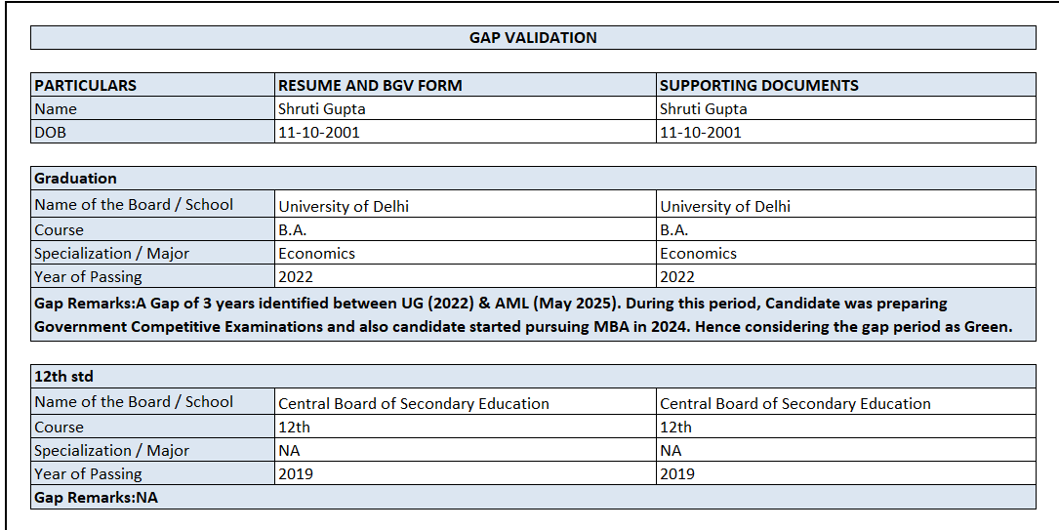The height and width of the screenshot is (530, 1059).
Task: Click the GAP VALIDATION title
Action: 533,38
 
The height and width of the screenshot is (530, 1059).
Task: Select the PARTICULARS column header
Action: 86,85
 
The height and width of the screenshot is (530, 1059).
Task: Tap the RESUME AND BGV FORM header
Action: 370,85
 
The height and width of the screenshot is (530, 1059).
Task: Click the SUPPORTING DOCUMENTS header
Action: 759,85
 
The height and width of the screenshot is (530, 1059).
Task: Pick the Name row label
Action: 56,109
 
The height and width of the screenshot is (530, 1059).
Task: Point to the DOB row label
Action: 51,133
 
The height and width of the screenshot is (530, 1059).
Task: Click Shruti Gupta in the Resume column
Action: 321,109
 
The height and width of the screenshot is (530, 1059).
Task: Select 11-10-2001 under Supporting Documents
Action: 700,133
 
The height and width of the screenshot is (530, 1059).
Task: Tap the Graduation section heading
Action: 75,179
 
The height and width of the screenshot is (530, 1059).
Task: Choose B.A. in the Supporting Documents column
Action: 673,230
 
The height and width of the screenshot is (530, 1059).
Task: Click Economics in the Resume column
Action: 316,254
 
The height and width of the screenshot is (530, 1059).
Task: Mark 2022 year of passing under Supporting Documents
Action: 677,277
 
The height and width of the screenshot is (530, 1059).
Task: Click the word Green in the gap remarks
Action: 986,327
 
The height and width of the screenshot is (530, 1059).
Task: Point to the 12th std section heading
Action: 63,376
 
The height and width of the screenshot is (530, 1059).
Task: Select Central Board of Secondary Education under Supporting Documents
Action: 795,404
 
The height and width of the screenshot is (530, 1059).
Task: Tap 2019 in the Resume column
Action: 296,474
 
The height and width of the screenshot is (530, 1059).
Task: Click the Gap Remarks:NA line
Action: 96,498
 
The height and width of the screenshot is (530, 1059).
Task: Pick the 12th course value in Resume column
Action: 294,428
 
